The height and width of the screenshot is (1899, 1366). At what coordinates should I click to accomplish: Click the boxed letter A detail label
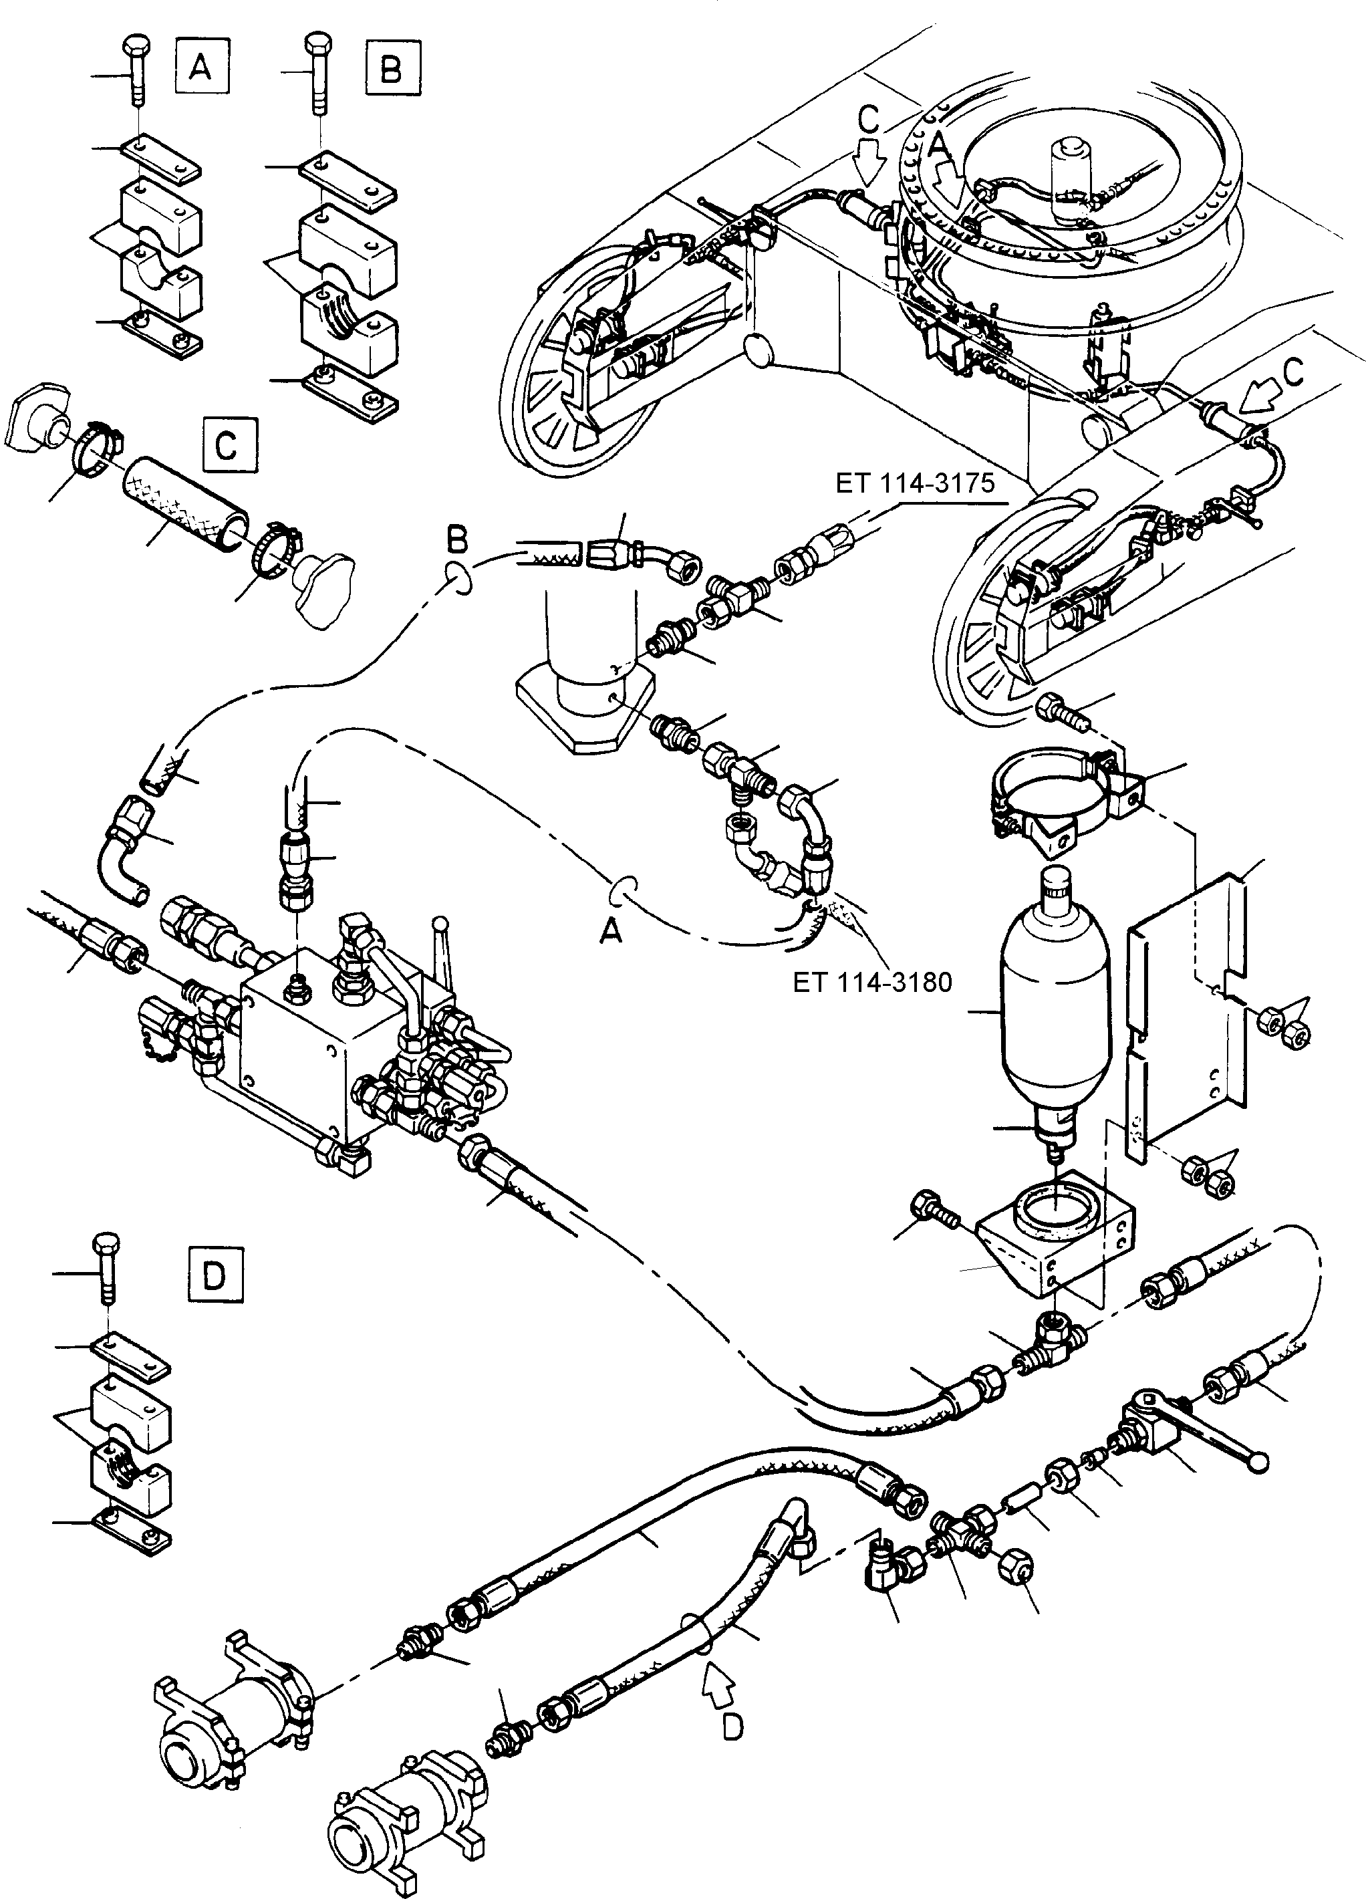[202, 66]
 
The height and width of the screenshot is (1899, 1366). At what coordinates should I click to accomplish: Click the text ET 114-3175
[915, 483]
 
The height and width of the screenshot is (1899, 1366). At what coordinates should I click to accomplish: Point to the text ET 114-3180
[872, 981]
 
